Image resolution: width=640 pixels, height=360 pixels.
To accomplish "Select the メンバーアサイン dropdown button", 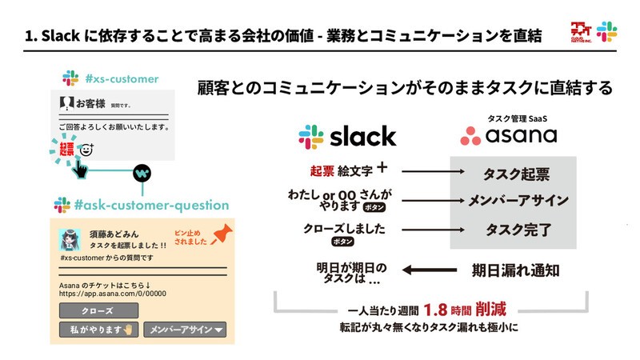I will click(x=185, y=329).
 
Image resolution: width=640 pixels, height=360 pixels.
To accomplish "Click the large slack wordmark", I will click(x=347, y=135).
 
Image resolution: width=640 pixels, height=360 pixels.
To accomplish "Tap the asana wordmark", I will click(x=509, y=134).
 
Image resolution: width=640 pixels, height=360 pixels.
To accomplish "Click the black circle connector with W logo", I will click(x=141, y=172).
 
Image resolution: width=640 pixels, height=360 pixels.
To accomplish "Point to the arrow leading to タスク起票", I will click(x=424, y=171).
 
